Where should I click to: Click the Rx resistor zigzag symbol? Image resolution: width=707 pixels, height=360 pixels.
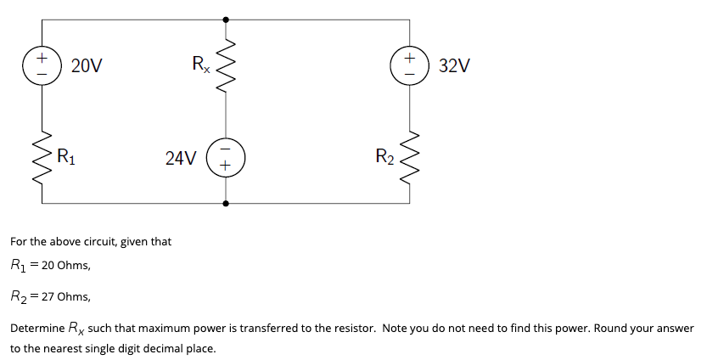226,66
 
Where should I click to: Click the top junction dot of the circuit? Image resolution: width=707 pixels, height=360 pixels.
226,20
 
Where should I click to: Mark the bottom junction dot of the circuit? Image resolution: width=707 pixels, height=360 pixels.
226,204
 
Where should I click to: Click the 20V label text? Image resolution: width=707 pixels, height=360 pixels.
87,66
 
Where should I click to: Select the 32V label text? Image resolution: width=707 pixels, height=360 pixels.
455,66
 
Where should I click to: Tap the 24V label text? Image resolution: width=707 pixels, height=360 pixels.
181,158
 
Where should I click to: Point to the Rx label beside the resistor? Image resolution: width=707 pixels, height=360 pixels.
201,64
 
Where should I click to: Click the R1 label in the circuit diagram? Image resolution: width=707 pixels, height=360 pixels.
66,157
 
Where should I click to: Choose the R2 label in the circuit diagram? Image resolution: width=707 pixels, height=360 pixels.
384,157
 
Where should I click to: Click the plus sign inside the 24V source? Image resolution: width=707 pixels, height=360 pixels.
226,166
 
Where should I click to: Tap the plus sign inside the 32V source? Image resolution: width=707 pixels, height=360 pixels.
409,59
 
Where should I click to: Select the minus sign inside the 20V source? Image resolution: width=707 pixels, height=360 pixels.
42,74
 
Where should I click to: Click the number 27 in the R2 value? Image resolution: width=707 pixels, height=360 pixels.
48,297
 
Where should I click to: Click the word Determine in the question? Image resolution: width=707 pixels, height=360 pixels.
37,329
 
